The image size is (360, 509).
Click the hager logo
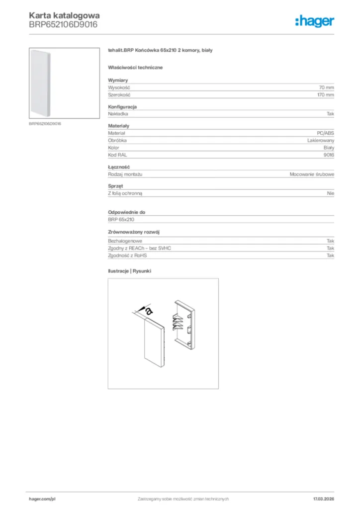pyautogui.click(x=315, y=21)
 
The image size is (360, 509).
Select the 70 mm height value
pyautogui.click(x=326, y=87)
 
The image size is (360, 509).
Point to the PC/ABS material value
pyautogui.click(x=325, y=133)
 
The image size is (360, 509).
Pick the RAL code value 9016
pyautogui.click(x=329, y=155)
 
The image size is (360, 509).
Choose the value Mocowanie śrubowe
pyautogui.click(x=312, y=174)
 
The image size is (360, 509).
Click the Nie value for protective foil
pyautogui.click(x=331, y=193)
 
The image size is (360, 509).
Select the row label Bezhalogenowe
pyautogui.click(x=121, y=241)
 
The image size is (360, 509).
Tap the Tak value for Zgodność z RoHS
pyautogui.click(x=330, y=255)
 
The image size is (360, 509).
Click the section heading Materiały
pyautogui.click(x=118, y=126)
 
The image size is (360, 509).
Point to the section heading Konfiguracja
pyautogui.click(x=122, y=107)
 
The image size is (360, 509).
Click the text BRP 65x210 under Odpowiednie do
pyautogui.click(x=121, y=219)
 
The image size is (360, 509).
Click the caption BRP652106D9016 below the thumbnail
pyautogui.click(x=45, y=123)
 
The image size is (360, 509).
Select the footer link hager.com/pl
pyautogui.click(x=42, y=499)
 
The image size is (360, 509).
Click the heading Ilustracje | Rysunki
pyautogui.click(x=129, y=271)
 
